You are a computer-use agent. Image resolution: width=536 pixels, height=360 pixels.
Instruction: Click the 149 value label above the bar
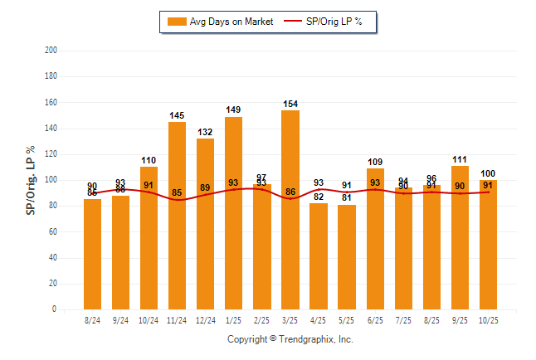(x=234, y=110)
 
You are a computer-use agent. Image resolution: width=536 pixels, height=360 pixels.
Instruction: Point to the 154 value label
(x=290, y=104)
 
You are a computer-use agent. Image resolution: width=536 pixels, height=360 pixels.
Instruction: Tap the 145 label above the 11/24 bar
(x=178, y=115)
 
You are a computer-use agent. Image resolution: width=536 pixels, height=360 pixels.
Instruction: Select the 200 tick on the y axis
(x=51, y=51)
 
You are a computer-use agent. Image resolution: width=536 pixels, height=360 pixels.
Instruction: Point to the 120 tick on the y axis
(x=51, y=154)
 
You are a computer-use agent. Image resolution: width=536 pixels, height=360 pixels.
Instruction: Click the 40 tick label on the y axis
(x=53, y=258)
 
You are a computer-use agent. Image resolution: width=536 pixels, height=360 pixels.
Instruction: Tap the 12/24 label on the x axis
(x=206, y=319)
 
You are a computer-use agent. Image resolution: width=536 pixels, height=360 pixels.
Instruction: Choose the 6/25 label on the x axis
(x=375, y=319)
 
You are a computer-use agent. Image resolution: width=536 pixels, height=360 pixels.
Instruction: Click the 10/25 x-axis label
(x=488, y=319)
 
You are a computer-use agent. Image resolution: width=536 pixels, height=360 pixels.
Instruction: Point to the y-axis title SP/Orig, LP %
(x=31, y=180)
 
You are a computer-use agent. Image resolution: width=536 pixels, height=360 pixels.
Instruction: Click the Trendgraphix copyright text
(x=290, y=339)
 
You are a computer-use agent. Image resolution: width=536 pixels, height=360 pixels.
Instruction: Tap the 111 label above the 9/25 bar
(x=460, y=159)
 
